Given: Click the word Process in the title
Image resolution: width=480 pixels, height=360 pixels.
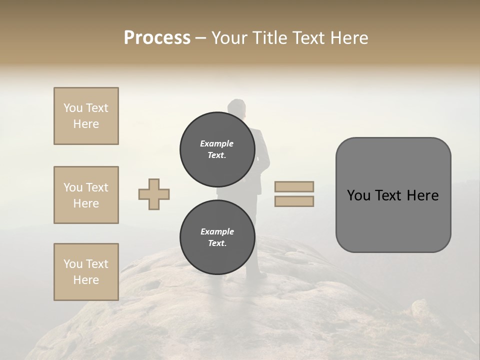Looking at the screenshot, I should [x=157, y=37].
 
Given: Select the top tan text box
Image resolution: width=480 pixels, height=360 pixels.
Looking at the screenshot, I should [x=86, y=116].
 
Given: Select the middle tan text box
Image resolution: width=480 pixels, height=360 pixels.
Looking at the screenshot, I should [x=86, y=195].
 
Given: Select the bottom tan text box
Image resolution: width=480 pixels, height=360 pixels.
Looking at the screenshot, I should [x=86, y=272].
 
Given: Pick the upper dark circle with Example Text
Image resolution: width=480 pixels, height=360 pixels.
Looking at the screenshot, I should [x=216, y=149].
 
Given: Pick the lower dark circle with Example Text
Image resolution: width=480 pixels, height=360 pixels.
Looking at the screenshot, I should [x=216, y=237].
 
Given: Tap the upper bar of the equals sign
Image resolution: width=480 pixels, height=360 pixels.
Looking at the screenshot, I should [x=294, y=186].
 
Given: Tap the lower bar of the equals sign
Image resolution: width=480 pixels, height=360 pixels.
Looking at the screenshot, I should [x=294, y=201].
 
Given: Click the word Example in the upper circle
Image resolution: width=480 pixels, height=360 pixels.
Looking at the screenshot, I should [x=216, y=143].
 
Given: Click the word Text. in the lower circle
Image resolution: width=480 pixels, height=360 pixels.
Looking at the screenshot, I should [x=216, y=243].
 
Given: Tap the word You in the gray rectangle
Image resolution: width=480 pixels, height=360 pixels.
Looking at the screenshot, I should [x=359, y=195].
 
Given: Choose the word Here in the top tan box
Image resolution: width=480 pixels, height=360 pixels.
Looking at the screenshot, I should [x=86, y=124].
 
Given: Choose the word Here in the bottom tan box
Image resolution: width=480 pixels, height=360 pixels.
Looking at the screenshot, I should [x=86, y=280].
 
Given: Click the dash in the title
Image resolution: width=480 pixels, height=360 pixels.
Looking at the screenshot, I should [x=201, y=38].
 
